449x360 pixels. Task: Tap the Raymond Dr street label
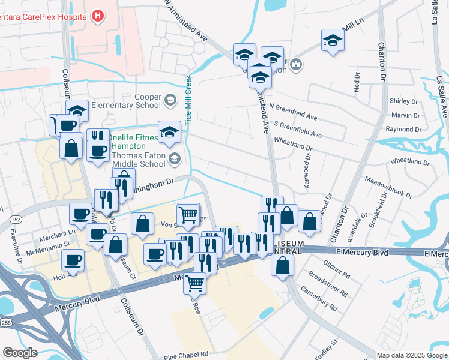click(x=403, y=129)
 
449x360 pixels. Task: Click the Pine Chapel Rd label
click(x=186, y=355)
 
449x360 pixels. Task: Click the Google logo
click(x=20, y=352)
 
